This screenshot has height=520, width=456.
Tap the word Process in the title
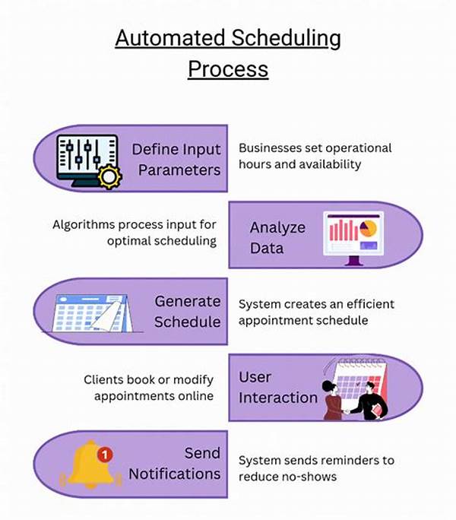click(228, 68)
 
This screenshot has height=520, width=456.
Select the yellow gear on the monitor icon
click(111, 177)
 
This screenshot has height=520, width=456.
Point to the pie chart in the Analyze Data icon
click(368, 227)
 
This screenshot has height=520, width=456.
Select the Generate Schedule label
click(187, 312)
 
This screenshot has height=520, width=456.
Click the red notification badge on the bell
click(105, 455)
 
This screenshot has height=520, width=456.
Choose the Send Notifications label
click(175, 463)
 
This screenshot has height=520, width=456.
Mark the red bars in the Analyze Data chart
click(343, 230)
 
